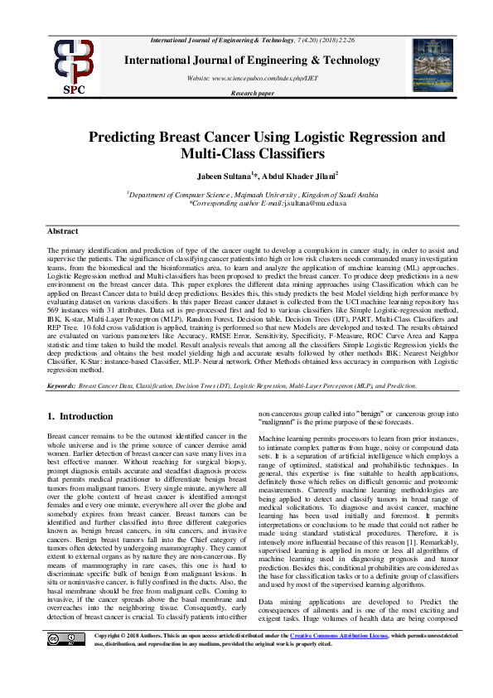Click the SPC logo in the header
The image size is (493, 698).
[x=74, y=65]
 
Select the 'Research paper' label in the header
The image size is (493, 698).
[x=252, y=93]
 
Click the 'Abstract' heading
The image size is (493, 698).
[x=62, y=231]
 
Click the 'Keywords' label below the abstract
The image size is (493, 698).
[x=61, y=386]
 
